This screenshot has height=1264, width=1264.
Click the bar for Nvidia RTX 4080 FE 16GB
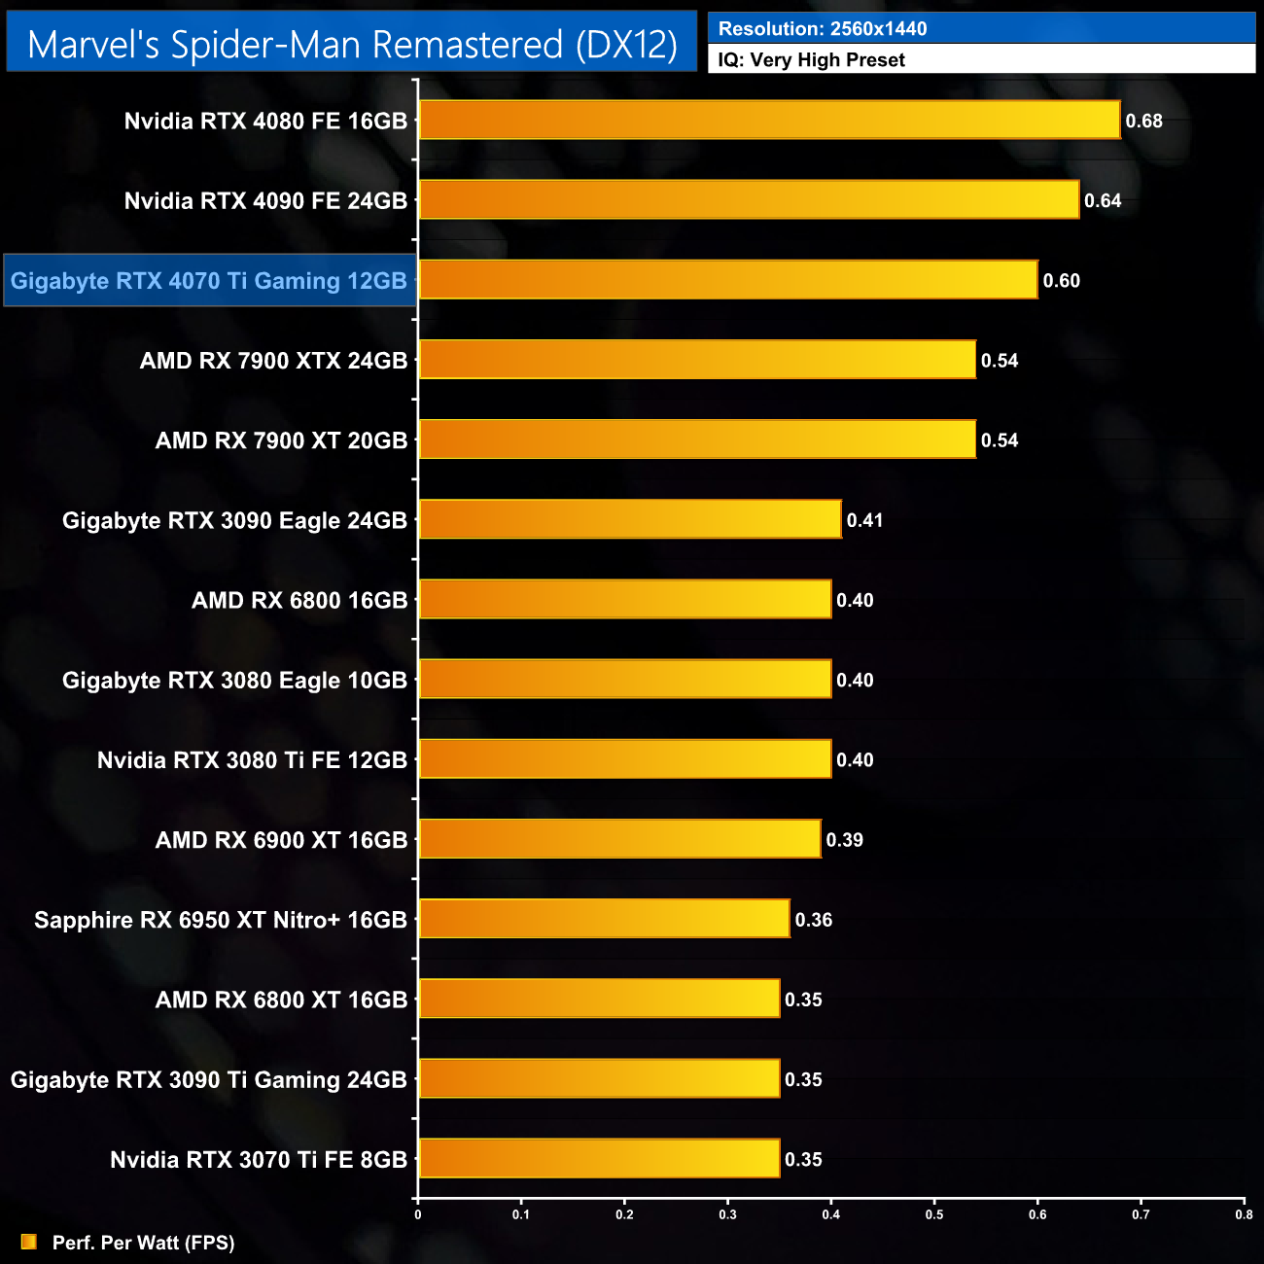pyautogui.click(x=769, y=121)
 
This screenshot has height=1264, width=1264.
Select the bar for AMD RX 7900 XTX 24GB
pyautogui.click(x=697, y=360)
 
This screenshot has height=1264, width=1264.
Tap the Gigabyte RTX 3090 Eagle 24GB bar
pyautogui.click(x=630, y=519)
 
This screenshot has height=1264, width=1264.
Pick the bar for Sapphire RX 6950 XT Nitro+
pyautogui.click(x=604, y=919)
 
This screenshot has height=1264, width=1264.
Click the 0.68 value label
pyautogui.click(x=1144, y=122)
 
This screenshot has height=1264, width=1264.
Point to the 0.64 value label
pyautogui.click(x=1104, y=201)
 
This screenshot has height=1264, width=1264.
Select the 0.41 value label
pyautogui.click(x=864, y=520)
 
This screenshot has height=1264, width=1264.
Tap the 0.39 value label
pyautogui.click(x=844, y=840)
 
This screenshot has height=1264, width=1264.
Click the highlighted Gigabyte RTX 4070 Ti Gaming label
pyautogui.click(x=209, y=281)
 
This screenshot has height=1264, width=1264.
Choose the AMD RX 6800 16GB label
pyautogui.click(x=299, y=601)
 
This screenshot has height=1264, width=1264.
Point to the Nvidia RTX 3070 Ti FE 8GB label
pyautogui.click(x=259, y=1160)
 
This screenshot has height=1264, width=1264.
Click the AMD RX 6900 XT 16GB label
pyautogui.click(x=281, y=840)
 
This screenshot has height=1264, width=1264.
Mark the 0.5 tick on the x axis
pyautogui.click(x=934, y=1214)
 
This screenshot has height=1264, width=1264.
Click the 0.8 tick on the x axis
pyautogui.click(x=1244, y=1214)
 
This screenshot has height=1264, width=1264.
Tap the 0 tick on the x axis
pyautogui.click(x=418, y=1214)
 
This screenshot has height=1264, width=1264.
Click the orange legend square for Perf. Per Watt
pyautogui.click(x=29, y=1243)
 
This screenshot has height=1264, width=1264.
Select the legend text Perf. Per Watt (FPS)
pyautogui.click(x=144, y=1243)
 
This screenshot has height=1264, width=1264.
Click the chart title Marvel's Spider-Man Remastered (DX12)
pyautogui.click(x=352, y=45)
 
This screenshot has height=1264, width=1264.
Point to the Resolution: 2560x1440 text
pyautogui.click(x=823, y=29)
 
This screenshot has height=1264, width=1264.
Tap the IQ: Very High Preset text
pyautogui.click(x=812, y=60)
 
